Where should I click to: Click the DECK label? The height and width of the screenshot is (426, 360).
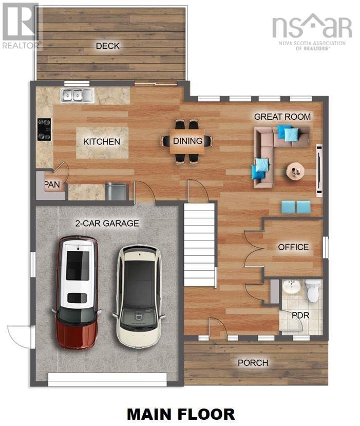coord(108,46)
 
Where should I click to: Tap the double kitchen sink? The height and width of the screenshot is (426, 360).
coord(77,95)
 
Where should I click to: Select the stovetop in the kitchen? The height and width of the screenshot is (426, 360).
coord(44,129)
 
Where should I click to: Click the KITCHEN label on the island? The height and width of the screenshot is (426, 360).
coord(102,142)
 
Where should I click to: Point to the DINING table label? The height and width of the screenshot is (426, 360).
coord(187,141)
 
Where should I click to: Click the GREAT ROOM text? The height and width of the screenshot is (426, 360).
coord(282,117)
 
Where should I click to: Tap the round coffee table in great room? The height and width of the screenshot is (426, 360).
coord(295,170)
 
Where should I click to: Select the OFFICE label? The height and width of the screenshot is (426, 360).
coord(293,247)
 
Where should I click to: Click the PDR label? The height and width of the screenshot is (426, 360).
coord(300,315)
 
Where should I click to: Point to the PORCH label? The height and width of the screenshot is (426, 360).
coord(253,363)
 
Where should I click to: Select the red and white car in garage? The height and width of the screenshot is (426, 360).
coord(77,290)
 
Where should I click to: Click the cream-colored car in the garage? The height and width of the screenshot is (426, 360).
coord(138,296)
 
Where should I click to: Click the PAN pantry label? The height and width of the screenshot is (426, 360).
coord(52,184)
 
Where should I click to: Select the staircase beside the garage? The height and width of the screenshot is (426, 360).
coord(199,244)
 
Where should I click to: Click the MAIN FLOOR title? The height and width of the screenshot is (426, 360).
coord(181,414)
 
